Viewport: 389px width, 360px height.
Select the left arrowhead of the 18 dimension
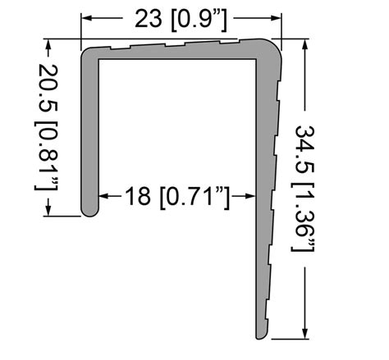(104, 196)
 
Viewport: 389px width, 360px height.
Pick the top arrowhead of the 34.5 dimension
(305, 46)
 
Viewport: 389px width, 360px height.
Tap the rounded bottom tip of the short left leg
(89, 212)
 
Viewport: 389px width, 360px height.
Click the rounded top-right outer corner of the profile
(275, 46)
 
